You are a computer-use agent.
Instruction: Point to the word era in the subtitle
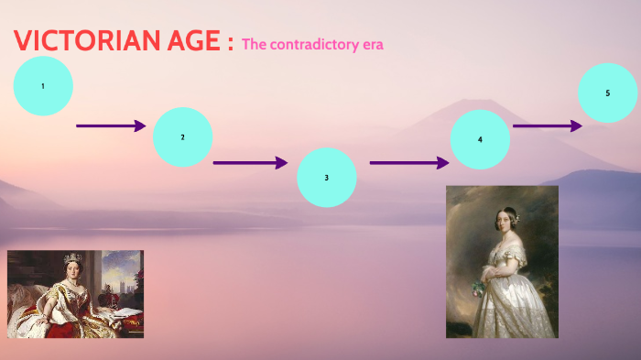tap(371, 45)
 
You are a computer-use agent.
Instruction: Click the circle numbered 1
tap(43, 86)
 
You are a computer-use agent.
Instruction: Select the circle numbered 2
tap(182, 137)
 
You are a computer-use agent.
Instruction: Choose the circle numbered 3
tap(327, 177)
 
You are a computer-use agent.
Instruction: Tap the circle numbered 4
tap(480, 139)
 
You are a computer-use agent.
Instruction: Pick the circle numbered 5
tap(608, 93)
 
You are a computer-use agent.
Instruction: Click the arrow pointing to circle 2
tap(111, 125)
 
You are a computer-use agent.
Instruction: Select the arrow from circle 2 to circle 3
tap(250, 163)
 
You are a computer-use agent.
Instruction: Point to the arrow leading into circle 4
tap(408, 163)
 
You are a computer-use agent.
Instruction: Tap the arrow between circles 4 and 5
tap(548, 125)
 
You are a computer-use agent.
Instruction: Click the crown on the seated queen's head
tap(71, 258)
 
